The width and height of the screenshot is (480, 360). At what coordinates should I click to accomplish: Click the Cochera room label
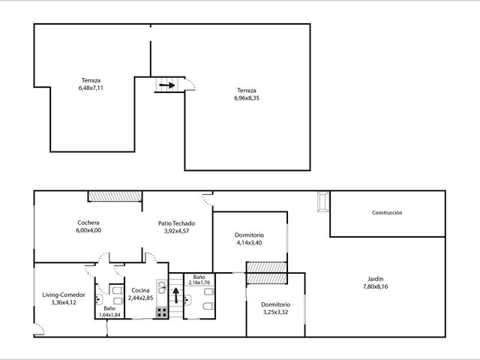(88, 223)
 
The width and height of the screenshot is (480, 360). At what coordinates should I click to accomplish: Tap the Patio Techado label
(177, 223)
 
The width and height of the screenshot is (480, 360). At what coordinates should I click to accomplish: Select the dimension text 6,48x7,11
(91, 88)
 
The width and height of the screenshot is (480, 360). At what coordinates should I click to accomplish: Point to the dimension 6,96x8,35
(247, 98)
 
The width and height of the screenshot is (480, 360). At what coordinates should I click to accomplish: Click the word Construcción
(387, 212)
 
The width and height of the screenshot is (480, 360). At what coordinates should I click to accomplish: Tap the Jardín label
(375, 279)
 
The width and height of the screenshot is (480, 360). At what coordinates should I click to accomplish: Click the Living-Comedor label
(64, 295)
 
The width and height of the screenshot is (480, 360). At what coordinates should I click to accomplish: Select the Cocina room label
(140, 290)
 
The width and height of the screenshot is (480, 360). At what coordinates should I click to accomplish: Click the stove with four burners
(162, 313)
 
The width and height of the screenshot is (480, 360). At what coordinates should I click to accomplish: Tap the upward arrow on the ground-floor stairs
(176, 295)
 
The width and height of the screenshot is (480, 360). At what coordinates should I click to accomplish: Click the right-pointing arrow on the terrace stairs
(167, 85)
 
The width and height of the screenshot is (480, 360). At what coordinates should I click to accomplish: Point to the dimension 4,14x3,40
(249, 243)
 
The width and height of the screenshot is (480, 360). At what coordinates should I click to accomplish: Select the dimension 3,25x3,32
(275, 312)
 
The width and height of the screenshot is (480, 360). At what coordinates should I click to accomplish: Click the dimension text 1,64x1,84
(109, 315)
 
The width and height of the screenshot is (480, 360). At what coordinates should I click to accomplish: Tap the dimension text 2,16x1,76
(199, 283)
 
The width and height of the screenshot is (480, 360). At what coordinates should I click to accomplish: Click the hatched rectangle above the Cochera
(115, 196)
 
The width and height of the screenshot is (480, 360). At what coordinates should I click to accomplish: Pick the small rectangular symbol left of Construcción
(323, 202)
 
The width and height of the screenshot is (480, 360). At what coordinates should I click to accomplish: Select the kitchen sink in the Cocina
(162, 288)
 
